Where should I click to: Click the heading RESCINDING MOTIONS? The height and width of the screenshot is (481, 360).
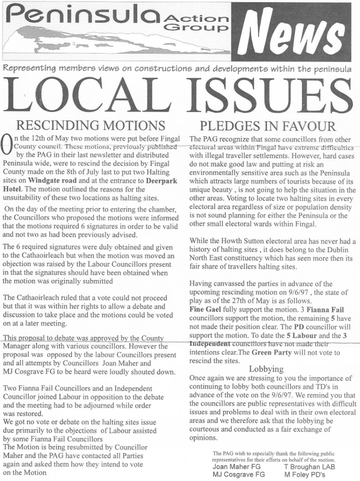coord(91,126)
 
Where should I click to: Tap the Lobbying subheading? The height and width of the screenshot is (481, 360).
coord(266,369)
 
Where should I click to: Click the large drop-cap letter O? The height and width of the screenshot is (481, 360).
coord(8,146)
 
